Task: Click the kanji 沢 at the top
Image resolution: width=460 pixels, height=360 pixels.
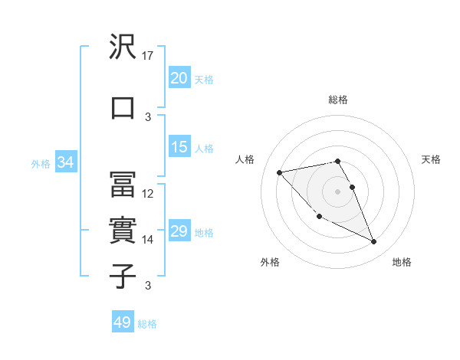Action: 123,47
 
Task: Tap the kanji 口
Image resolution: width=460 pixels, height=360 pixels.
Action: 123,107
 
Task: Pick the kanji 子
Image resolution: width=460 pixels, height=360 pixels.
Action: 123,275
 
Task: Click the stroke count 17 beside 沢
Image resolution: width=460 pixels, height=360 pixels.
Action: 149,56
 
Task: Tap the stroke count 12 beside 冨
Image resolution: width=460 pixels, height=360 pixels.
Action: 149,194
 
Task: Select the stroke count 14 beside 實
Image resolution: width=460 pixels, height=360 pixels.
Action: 149,240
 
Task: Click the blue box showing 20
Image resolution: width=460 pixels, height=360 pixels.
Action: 179,77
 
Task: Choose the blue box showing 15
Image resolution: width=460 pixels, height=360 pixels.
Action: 179,147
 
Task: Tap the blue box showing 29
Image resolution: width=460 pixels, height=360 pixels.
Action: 179,231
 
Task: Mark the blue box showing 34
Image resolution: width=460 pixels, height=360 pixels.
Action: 65,162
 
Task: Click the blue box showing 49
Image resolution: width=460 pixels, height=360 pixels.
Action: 123,322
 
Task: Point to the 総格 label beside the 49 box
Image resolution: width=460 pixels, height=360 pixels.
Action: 148,324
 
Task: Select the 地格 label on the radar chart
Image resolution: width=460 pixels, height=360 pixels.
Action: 402,263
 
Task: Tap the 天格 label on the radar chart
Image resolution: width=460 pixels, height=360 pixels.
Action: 431,159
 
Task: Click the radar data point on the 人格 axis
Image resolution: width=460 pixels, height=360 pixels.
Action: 280,172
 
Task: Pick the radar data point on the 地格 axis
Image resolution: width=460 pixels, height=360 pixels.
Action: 374,242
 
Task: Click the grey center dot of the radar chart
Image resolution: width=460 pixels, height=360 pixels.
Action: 337,191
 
